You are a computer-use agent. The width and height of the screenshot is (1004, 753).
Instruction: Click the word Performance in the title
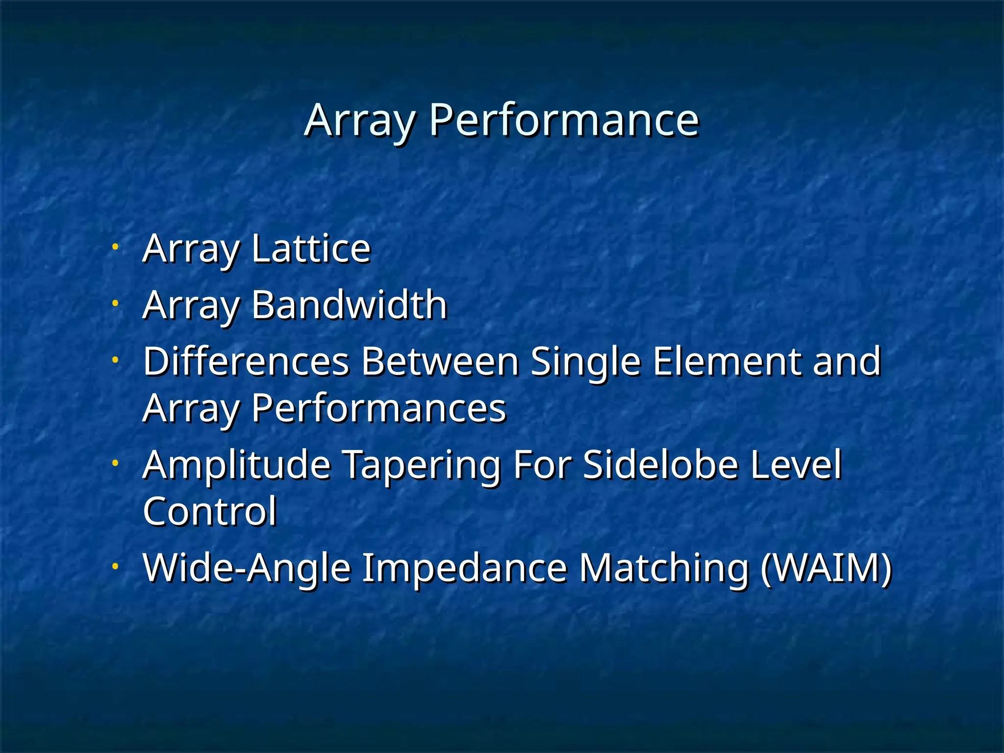coord(564,121)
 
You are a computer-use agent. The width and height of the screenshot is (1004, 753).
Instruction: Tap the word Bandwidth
coord(349,305)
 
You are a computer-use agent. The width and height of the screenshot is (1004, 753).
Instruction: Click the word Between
coord(440,361)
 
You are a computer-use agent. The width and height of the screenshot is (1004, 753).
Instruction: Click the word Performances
coord(378,408)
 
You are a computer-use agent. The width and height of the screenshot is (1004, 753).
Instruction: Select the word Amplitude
coord(237,464)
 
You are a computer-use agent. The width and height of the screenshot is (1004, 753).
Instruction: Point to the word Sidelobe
coord(661,464)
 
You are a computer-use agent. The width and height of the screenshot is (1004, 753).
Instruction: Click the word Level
coord(796,464)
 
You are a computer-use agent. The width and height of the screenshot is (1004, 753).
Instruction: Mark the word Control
coord(210,511)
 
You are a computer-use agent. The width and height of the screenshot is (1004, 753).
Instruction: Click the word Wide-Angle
coord(247,568)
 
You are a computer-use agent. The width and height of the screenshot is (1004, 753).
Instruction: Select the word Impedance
coord(464,568)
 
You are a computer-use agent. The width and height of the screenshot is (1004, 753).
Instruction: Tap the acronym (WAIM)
coord(827,568)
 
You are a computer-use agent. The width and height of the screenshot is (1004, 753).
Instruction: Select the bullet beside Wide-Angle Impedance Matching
coord(115,566)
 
